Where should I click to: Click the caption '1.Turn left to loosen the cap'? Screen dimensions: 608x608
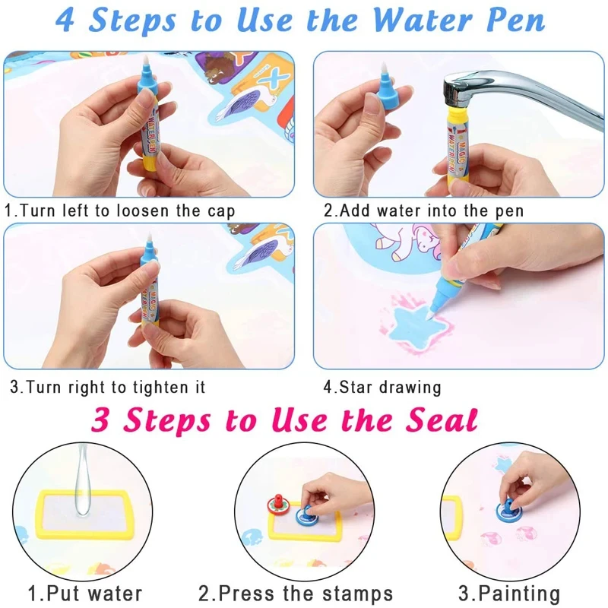(120, 211)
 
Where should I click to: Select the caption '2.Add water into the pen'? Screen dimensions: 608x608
(423, 211)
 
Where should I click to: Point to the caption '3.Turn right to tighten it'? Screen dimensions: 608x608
(107, 387)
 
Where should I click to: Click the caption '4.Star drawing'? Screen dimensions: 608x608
(382, 387)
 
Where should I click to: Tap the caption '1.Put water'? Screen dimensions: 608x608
(85, 593)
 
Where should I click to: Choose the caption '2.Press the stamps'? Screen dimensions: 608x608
(296, 593)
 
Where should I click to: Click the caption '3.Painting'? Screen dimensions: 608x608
(509, 593)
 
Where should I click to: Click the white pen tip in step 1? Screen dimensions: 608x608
(146, 60)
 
